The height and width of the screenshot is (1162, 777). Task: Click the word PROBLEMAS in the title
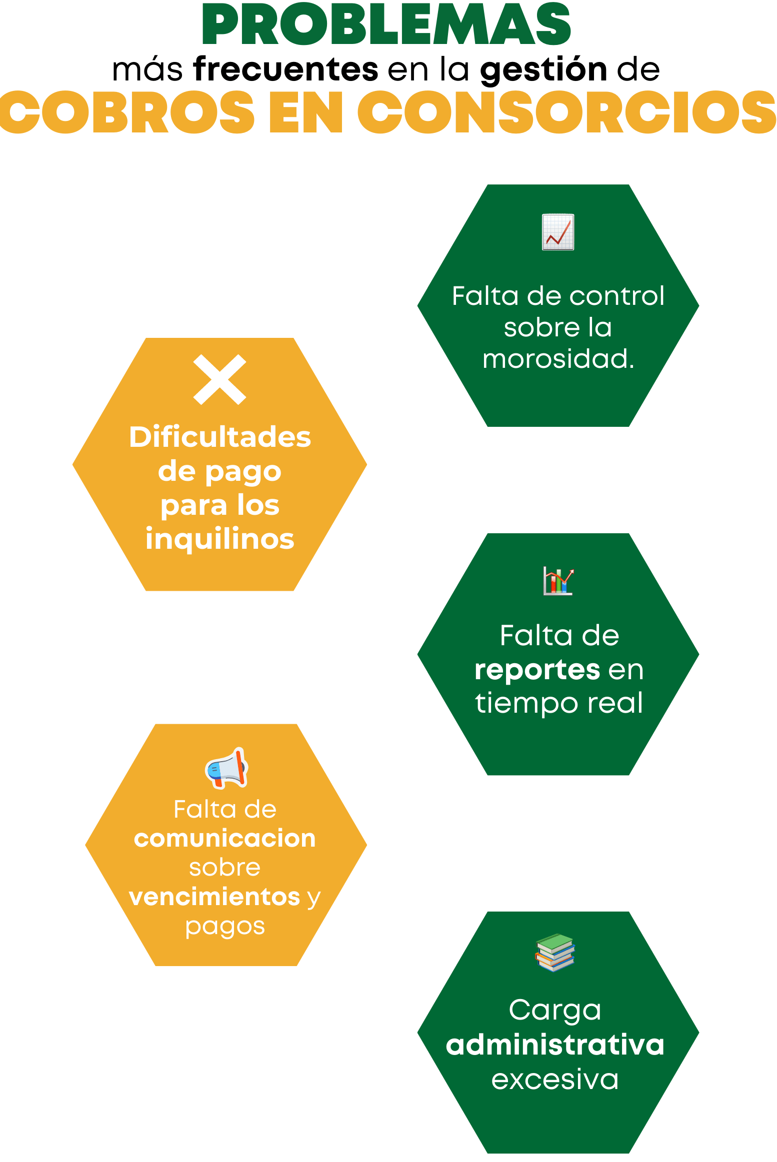[386, 24]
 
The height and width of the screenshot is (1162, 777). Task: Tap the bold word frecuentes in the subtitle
[286, 69]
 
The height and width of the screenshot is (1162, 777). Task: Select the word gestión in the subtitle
[543, 70]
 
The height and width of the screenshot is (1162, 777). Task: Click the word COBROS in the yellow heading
[127, 112]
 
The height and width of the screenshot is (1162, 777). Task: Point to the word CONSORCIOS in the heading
[566, 112]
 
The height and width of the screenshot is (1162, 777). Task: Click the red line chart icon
[558, 232]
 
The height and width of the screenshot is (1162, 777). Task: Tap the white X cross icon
[220, 379]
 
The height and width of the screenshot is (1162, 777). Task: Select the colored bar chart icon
[558, 581]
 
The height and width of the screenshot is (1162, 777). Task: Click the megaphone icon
[227, 769]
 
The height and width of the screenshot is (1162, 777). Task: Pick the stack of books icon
[555, 952]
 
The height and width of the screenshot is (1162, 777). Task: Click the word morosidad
[558, 359]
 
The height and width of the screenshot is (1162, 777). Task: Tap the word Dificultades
[220, 437]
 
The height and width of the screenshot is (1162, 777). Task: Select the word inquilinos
[220, 539]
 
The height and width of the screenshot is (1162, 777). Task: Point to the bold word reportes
[537, 670]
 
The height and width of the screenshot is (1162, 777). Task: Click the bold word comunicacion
[225, 838]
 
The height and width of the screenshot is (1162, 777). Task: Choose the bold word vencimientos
[214, 897]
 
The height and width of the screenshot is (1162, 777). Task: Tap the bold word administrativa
[555, 1045]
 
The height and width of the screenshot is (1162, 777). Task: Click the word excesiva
[555, 1080]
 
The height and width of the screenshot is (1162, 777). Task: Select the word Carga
[555, 1010]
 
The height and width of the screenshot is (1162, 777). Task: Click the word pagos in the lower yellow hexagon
[225, 927]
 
